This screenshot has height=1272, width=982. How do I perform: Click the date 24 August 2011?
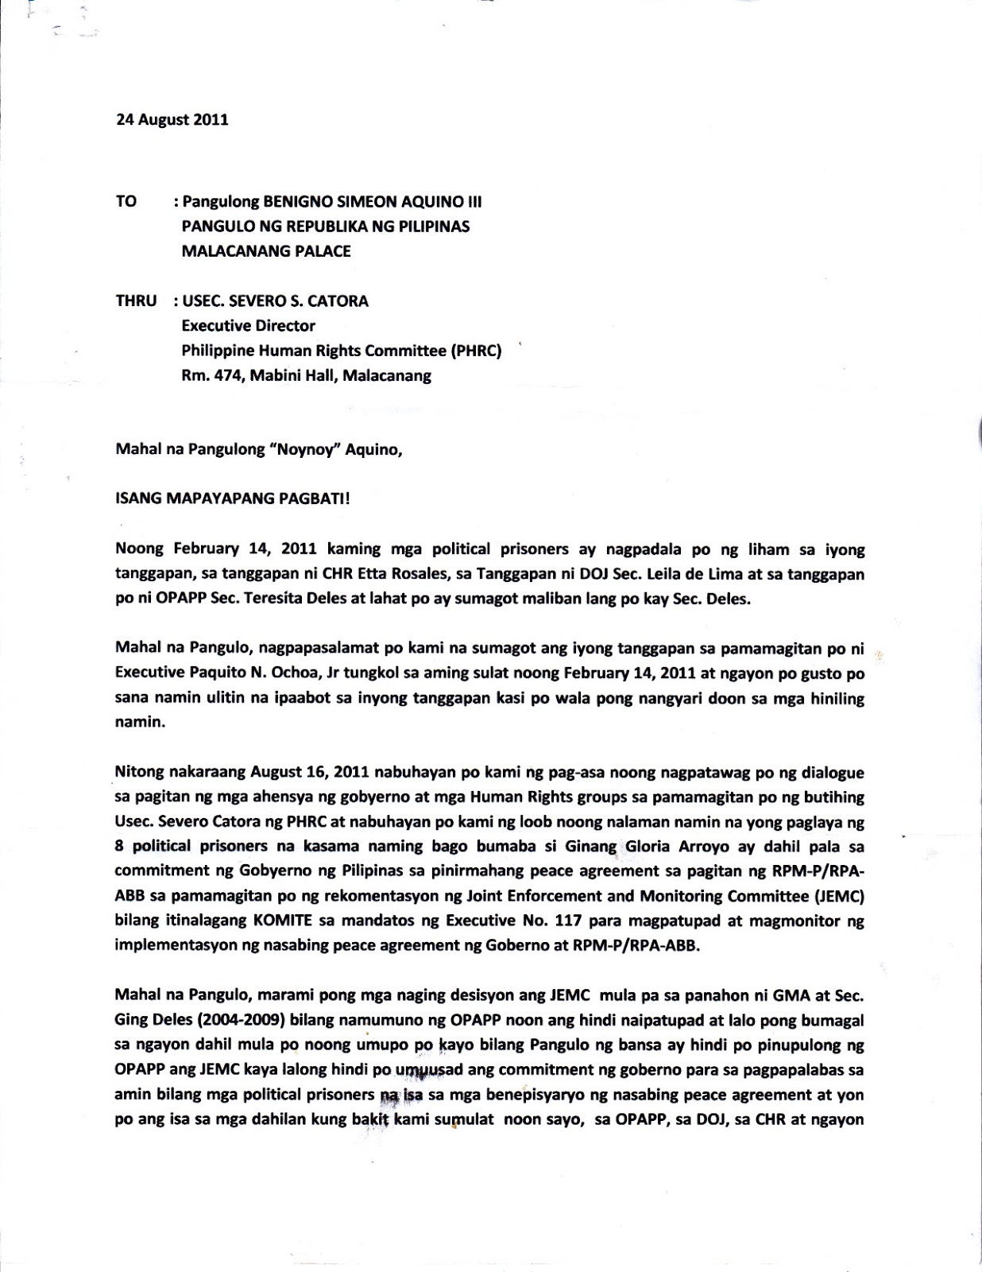click(x=172, y=120)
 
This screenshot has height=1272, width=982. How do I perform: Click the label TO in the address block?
click(x=126, y=201)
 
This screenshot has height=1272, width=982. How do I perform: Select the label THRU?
click(x=136, y=301)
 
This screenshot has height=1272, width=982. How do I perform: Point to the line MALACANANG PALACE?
click(x=266, y=251)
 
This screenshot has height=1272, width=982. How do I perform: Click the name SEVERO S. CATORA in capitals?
click(x=298, y=301)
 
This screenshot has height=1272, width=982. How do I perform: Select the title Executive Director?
click(x=248, y=325)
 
